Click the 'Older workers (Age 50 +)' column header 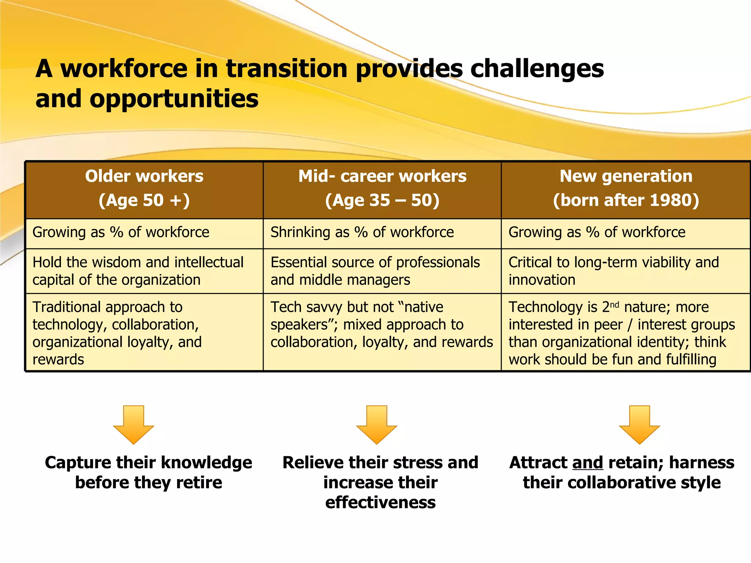click(144, 188)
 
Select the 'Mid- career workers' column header click(382, 188)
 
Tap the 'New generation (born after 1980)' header click(626, 188)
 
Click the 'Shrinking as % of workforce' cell click(362, 232)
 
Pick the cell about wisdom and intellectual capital click(138, 271)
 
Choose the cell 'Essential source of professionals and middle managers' click(375, 271)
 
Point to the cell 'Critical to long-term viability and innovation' click(613, 271)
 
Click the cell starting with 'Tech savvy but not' click(381, 325)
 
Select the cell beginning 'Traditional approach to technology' click(117, 333)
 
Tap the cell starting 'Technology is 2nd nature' click(622, 333)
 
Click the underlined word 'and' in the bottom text click(587, 463)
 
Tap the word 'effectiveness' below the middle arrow click(380, 502)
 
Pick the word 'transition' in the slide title click(286, 69)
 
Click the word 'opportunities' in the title click(174, 99)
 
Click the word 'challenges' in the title click(537, 69)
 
